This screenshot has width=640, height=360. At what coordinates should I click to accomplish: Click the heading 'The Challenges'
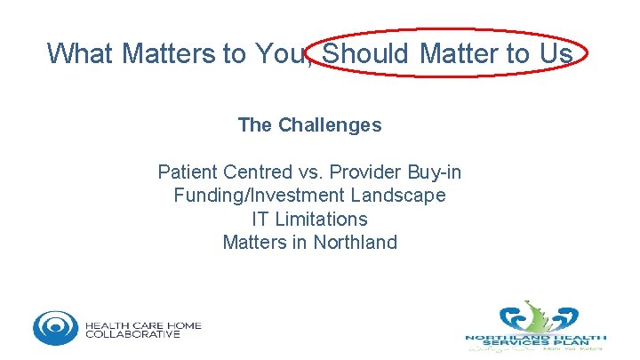[309, 125]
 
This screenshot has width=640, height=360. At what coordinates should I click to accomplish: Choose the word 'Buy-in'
[434, 172]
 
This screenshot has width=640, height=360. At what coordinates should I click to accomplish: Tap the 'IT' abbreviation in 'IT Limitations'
[260, 219]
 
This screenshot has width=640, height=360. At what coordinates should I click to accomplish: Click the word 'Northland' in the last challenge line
[355, 242]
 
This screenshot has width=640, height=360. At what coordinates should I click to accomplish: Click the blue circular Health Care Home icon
[56, 328]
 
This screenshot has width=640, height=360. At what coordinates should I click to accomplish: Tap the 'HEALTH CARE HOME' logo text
[143, 324]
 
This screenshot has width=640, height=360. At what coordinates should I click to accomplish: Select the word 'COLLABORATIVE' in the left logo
[132, 335]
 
